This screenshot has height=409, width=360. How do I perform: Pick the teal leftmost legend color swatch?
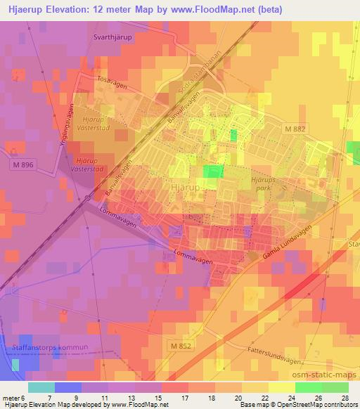(41, 387)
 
